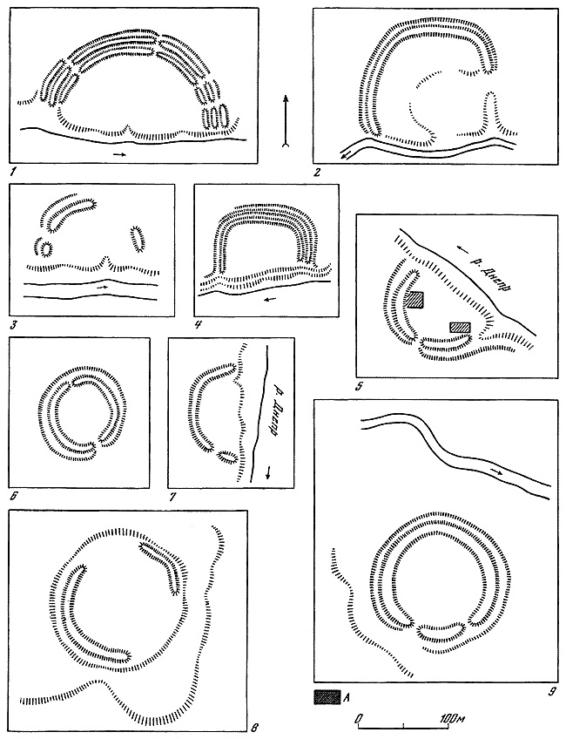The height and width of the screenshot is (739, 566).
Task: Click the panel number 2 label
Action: click(x=317, y=172)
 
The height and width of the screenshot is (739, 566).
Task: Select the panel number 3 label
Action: click(x=13, y=324)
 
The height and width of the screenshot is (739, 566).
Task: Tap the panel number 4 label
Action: click(x=199, y=324)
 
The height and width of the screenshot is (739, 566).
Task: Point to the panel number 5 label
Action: click(x=360, y=387)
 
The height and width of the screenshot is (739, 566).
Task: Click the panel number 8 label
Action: click(x=253, y=726)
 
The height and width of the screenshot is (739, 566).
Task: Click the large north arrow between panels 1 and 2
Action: click(x=286, y=121)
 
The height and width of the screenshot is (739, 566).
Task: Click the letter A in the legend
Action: click(x=347, y=695)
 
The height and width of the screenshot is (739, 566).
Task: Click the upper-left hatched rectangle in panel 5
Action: click(x=415, y=300)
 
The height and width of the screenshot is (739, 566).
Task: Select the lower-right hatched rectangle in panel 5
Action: click(x=460, y=327)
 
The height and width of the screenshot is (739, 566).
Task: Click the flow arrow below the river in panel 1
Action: click(x=119, y=154)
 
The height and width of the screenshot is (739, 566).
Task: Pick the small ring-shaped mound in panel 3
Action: click(x=46, y=248)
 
